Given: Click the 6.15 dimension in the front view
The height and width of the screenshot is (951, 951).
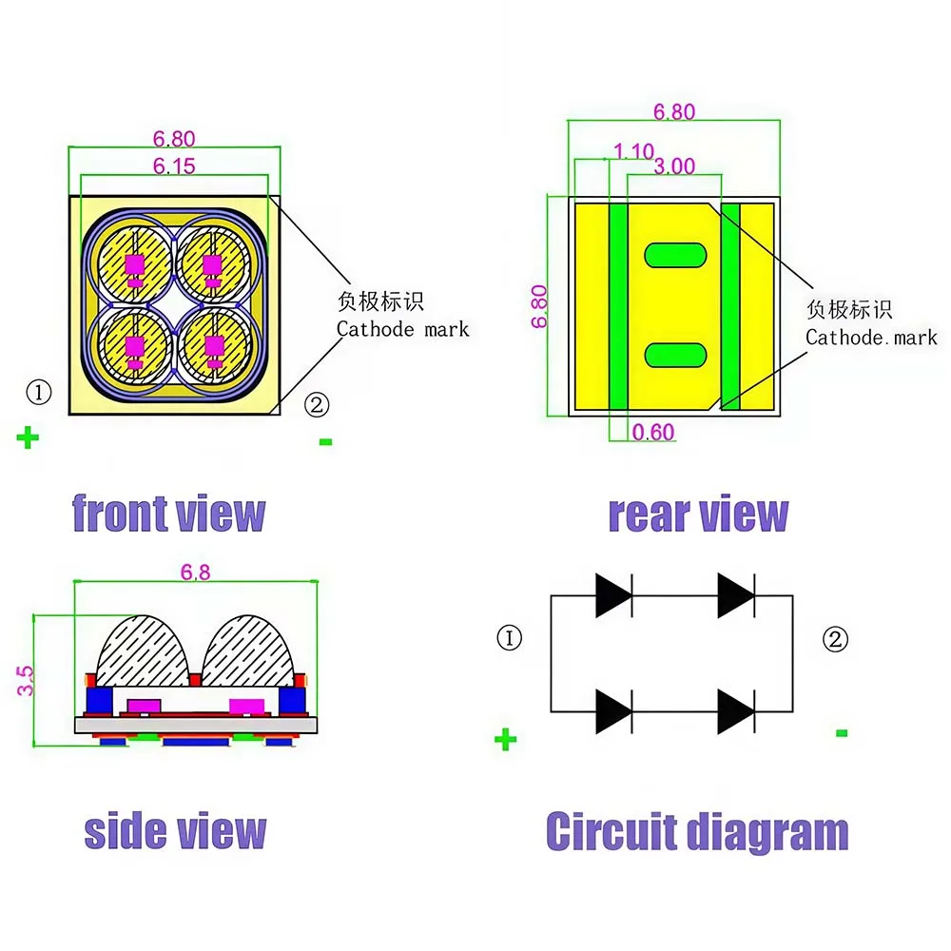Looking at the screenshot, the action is pos(174,166).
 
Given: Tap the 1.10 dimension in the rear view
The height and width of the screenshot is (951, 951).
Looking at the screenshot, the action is pos(633,151).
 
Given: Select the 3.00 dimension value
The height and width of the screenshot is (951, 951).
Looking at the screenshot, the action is pos(674,166).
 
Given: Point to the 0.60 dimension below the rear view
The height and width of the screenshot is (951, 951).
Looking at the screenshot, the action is pos(653,433).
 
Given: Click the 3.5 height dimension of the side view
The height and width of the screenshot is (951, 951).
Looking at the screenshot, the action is pos(26,681).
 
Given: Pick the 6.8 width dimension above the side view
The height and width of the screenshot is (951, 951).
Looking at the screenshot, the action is pos(195,572).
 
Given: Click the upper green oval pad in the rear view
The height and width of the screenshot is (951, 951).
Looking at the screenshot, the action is pos(675,255).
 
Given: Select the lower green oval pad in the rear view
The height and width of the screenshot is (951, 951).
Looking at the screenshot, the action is pos(675,356).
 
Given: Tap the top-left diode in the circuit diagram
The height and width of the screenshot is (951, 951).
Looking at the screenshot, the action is pos(613,595).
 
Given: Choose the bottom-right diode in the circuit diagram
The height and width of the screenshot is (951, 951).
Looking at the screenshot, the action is pos(736,711).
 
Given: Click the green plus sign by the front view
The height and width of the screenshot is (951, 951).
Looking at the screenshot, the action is pos(28,437).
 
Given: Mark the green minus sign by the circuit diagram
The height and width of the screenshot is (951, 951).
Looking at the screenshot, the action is pos(842,733).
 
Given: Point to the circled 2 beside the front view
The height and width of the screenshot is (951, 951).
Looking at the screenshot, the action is pos(317,404).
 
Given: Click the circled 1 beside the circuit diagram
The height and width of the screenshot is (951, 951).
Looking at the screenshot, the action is pos(510,638).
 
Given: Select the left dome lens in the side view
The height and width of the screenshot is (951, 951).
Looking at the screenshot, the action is pos(144,651).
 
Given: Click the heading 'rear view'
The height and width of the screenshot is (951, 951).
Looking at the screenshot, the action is pos(698,514).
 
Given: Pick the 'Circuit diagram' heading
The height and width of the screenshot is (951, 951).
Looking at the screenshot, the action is pos(697,831).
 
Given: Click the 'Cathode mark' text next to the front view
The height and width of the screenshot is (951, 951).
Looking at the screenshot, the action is pos(402,329).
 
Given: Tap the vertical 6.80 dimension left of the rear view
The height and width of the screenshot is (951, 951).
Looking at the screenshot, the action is pos(539,306).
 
